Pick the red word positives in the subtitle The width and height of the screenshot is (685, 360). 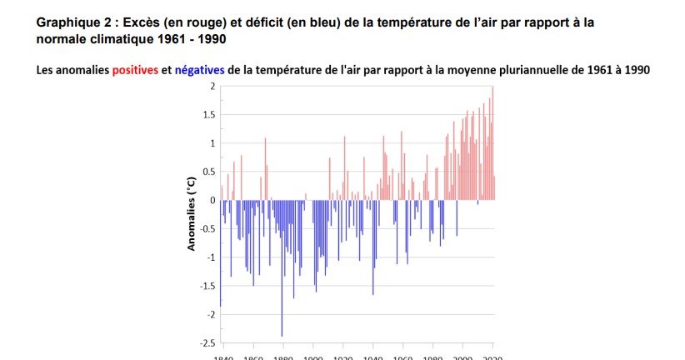(x=135, y=71)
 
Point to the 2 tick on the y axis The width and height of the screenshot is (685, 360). (x=212, y=87)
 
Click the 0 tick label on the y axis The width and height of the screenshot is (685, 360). (x=212, y=201)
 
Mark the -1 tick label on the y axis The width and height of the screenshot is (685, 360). (x=211, y=257)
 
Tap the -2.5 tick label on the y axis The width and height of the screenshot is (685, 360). (x=207, y=343)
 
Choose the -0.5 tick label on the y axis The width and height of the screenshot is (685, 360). (x=207, y=229)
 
